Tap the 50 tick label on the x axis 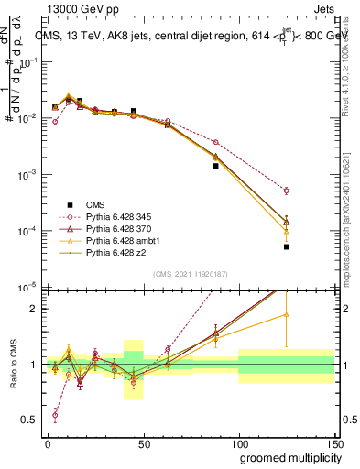(143, 442)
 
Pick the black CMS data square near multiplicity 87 (215, 166)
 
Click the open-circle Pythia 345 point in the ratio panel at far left (55, 415)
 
